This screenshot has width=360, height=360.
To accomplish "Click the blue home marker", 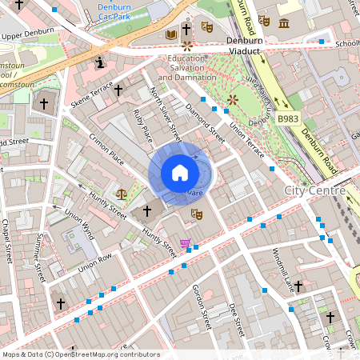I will [180, 173].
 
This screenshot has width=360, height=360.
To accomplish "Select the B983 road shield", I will [289, 119].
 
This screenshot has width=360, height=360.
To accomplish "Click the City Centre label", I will [314, 190].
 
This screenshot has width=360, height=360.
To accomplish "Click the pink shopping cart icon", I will [186, 243].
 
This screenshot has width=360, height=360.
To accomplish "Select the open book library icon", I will [170, 35].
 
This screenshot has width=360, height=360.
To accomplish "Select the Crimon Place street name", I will [106, 149].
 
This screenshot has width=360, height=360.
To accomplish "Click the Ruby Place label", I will [142, 128].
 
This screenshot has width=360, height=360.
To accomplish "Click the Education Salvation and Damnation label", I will [186, 67].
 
